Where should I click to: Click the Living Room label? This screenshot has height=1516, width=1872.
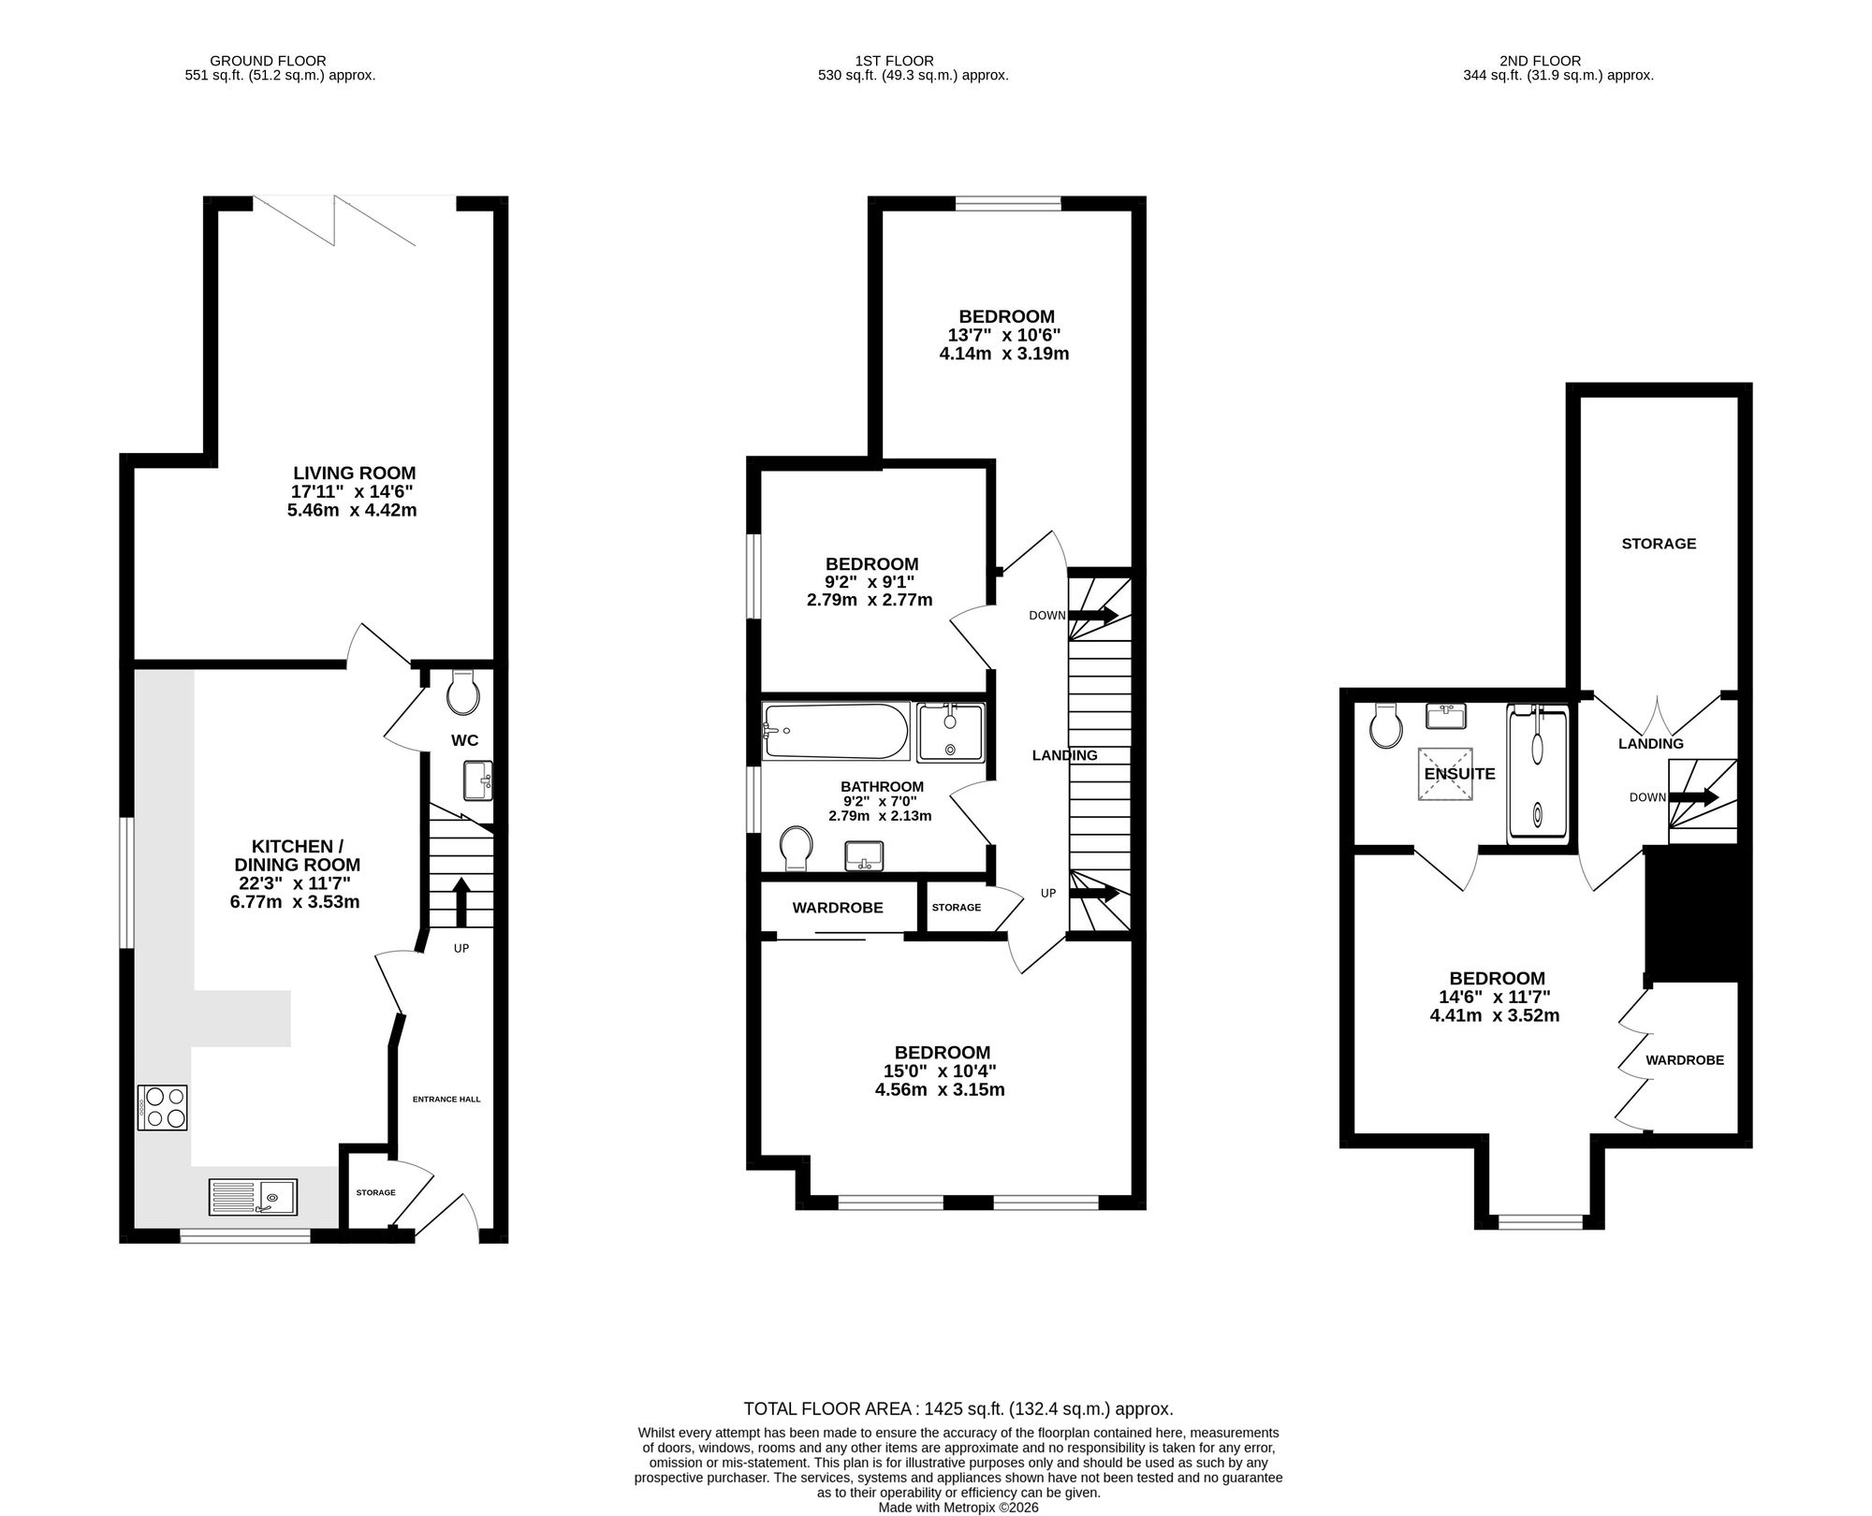(x=354, y=474)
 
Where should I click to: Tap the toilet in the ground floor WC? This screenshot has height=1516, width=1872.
(x=463, y=692)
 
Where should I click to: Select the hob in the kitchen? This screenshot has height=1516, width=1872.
(x=163, y=1107)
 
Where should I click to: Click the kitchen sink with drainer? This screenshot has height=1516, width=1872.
(x=253, y=1197)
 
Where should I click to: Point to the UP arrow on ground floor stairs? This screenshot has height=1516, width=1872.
(x=461, y=901)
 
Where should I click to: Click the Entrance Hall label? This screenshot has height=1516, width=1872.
(x=446, y=1100)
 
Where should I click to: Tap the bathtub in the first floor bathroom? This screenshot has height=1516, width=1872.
(x=836, y=731)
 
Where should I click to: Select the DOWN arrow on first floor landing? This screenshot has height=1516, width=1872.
(x=1093, y=616)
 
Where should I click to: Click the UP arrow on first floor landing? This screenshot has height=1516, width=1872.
(x=1094, y=893)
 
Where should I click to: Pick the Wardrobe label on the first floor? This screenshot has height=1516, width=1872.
(x=838, y=908)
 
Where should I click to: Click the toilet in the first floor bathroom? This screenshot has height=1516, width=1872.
(x=796, y=848)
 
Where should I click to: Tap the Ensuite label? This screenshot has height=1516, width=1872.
(x=1459, y=774)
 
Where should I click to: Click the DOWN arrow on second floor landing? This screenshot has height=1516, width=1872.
(x=1694, y=797)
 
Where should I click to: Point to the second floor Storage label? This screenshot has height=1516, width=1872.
(x=1659, y=544)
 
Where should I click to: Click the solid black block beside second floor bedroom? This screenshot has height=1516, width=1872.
(x=1691, y=914)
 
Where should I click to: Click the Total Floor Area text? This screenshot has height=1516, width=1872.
(x=958, y=1435)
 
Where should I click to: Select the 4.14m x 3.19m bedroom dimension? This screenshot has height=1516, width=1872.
(x=1003, y=354)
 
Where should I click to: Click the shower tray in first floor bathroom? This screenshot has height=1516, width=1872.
(x=950, y=732)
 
